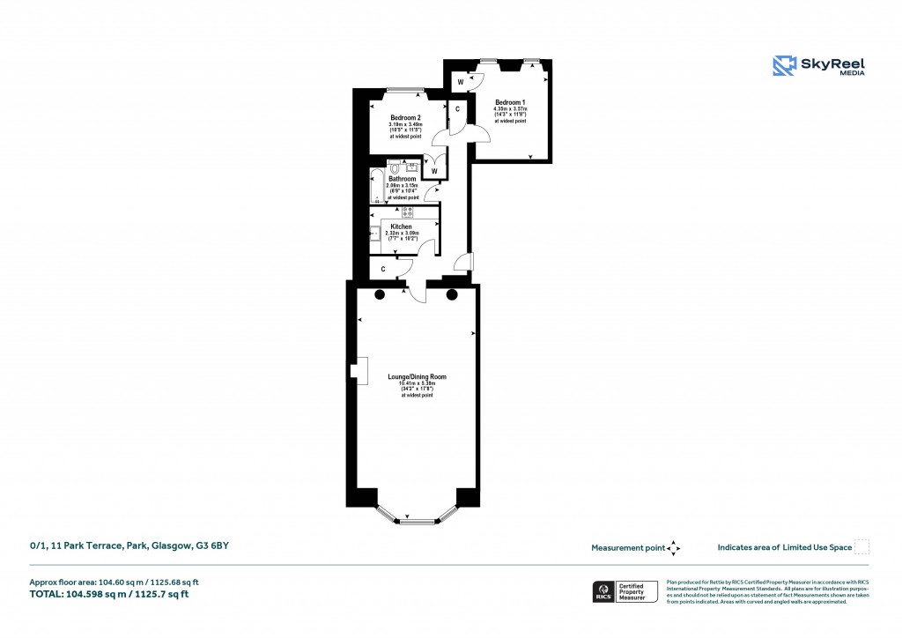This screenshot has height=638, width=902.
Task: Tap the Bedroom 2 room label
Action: click(x=405, y=117)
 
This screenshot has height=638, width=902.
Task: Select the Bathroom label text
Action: click(x=403, y=179)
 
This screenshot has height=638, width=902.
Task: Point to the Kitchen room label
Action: click(x=401, y=226)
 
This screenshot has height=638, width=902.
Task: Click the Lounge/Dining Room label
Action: click(x=417, y=377)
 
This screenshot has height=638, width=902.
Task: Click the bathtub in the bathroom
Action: click(x=377, y=186)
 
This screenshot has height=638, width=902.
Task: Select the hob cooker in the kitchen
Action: click(x=408, y=211)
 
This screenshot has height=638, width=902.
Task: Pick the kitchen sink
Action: click(x=373, y=234)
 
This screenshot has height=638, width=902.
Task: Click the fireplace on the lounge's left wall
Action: click(x=359, y=372)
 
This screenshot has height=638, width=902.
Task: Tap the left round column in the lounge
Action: click(x=380, y=295)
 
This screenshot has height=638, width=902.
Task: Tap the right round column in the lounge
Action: click(x=454, y=295)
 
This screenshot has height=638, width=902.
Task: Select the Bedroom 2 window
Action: click(x=404, y=90)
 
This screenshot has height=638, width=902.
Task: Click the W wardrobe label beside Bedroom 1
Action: click(x=461, y=81)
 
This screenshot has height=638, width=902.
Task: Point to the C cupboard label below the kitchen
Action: click(x=383, y=269)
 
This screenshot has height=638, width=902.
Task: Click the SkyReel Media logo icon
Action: click(x=784, y=66)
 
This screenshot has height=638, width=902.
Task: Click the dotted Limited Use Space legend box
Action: click(x=861, y=547)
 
